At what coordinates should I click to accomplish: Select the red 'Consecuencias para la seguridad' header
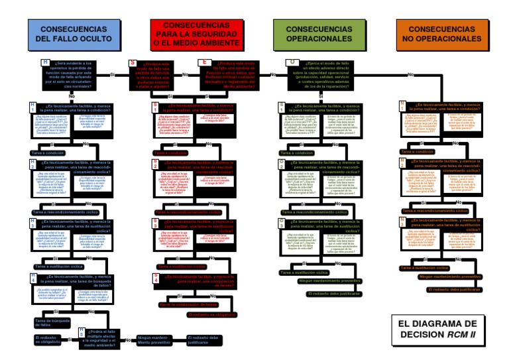(x=186, y=34)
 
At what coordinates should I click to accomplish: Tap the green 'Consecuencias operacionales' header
(x=310, y=34)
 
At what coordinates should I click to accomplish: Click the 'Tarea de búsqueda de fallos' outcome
(x=52, y=322)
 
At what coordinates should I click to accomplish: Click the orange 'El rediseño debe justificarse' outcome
(x=455, y=290)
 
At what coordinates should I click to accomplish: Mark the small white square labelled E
(x=204, y=62)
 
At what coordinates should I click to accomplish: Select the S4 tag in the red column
(x=156, y=278)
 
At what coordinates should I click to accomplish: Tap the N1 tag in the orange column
(x=403, y=106)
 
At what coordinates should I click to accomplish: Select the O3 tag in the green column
(x=281, y=223)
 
